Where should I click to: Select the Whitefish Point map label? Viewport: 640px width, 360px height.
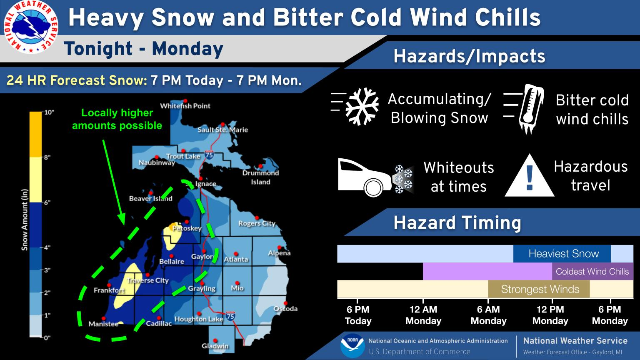[185, 106]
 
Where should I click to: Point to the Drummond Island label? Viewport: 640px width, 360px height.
[260, 177]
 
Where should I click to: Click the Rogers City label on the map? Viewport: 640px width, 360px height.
[257, 223]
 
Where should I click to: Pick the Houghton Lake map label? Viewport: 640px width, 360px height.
[198, 319]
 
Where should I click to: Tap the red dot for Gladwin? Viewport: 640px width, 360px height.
[215, 340]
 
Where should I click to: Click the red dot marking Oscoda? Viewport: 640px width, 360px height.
[285, 303]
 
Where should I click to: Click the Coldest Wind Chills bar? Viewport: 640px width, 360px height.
[592, 272]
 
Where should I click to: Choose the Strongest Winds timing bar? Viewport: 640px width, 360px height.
[539, 289]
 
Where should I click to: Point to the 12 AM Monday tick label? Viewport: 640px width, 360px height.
[423, 315]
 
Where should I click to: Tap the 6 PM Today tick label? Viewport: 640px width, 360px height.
[358, 315]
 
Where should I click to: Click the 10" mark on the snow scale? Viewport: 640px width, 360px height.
[49, 112]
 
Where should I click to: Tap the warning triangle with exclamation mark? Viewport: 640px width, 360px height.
[530, 177]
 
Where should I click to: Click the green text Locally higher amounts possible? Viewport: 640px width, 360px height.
[117, 119]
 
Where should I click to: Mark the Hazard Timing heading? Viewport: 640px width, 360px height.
[457, 223]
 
